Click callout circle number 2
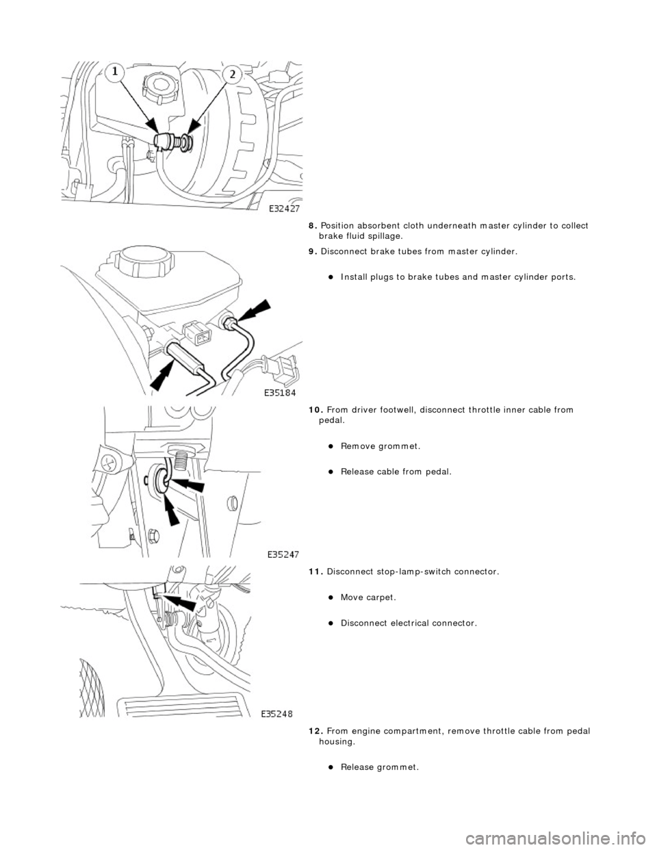click(x=233, y=75)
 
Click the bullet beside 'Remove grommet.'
click(x=330, y=446)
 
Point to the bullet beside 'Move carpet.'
click(x=330, y=597)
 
